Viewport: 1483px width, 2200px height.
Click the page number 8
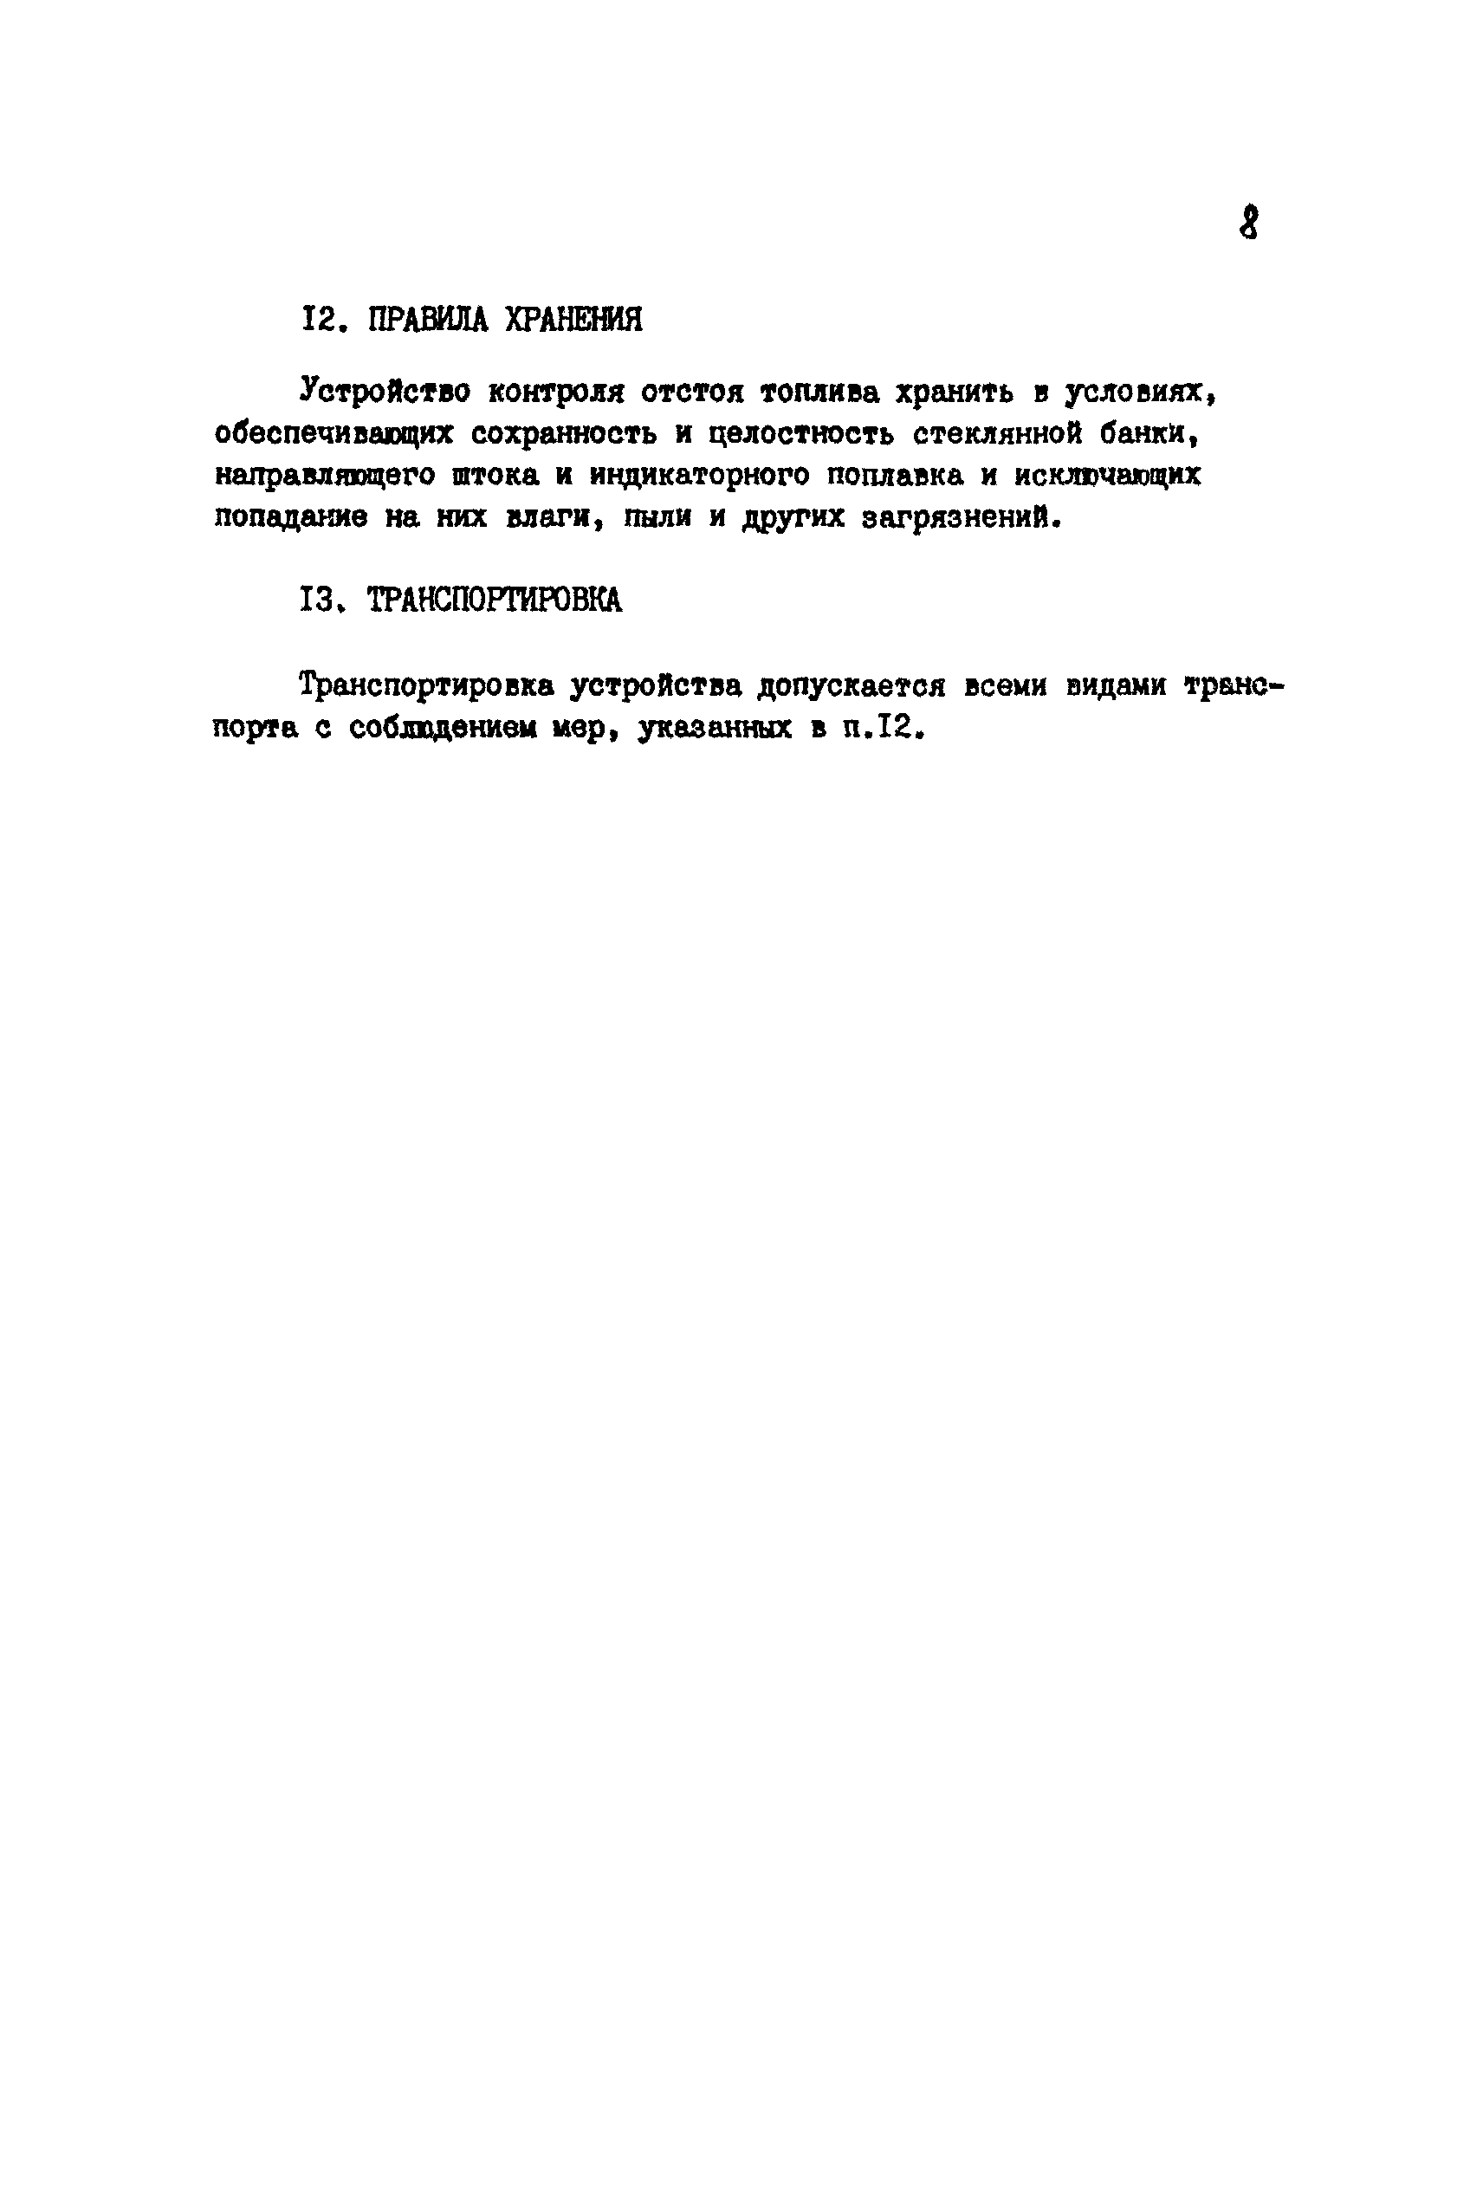[1248, 224]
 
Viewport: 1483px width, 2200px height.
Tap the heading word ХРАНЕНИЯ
[573, 320]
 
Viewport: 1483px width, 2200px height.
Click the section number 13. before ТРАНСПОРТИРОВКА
[319, 600]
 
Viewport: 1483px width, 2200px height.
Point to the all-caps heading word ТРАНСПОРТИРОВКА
[495, 600]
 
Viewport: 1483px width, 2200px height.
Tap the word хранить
[955, 392]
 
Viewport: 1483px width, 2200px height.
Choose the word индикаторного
[700, 477]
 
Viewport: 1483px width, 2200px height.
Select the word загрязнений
[958, 519]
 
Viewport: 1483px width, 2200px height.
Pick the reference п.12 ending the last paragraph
[879, 729]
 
